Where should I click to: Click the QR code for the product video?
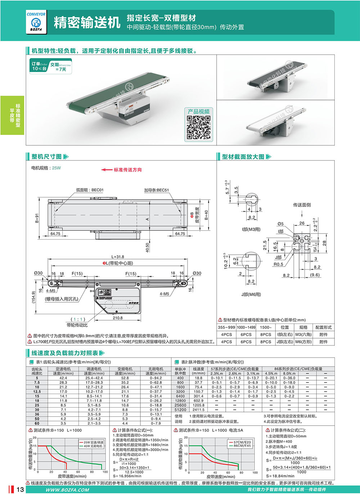click(x=198, y=127)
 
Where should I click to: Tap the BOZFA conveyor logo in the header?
click(x=36, y=23)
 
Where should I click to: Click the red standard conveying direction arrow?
click(x=107, y=169)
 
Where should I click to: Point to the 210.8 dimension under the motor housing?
click(x=118, y=318)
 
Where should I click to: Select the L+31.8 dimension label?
click(x=118, y=257)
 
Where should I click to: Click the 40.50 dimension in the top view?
click(x=148, y=248)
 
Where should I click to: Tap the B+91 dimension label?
click(x=37, y=218)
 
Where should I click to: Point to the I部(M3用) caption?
click(x=251, y=229)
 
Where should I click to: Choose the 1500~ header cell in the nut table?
click(x=266, y=327)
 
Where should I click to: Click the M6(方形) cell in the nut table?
click(x=303, y=342)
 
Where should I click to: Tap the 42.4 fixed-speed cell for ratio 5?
click(x=63, y=378)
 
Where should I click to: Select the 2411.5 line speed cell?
click(x=198, y=409)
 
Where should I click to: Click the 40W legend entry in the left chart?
click(x=93, y=446)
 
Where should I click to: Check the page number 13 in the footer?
click(x=20, y=489)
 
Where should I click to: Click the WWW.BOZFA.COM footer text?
click(x=67, y=490)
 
